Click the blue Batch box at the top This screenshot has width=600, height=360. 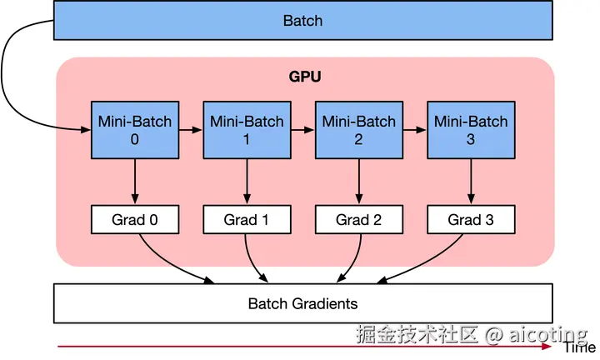click(302, 21)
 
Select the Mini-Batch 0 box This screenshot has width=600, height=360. click(134, 130)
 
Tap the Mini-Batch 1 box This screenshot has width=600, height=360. click(247, 130)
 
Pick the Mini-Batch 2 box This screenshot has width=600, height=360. click(358, 130)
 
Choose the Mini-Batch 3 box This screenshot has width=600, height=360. click(471, 130)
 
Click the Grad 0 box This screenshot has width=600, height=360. click(134, 220)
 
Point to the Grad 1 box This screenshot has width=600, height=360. click(247, 220)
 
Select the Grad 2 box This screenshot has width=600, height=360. click(358, 220)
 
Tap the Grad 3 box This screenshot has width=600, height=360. click(471, 220)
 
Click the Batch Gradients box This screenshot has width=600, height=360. click(302, 303)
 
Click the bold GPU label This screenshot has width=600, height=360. click(305, 77)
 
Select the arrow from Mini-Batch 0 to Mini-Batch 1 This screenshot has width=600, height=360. click(190, 130)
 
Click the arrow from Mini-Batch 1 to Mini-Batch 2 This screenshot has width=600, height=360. click(302, 130)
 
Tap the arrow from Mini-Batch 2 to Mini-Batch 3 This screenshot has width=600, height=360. click(414, 130)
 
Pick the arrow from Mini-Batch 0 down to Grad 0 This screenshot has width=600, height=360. click(134, 182)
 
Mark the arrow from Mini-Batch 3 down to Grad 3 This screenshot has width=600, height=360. click(471, 182)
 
